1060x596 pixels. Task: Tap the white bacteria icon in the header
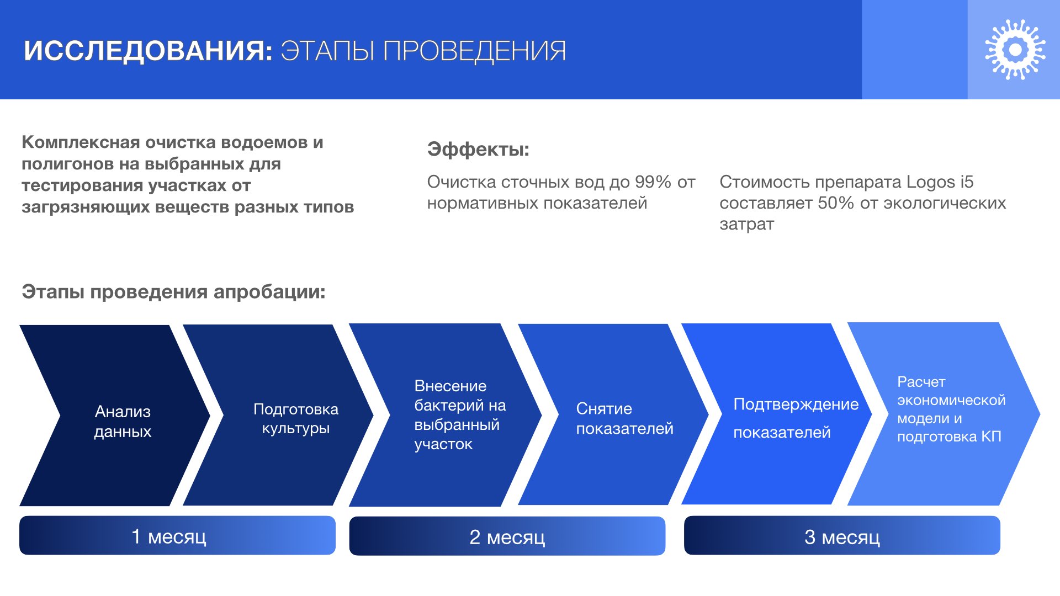pyautogui.click(x=1015, y=50)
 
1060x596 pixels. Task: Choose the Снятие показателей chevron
pyautogui.click(x=613, y=414)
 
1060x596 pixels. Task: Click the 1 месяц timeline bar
pyautogui.click(x=177, y=535)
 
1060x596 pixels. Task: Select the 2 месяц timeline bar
pyautogui.click(x=507, y=536)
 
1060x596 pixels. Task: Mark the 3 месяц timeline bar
pyautogui.click(x=842, y=535)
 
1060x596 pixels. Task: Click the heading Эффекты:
pyautogui.click(x=478, y=149)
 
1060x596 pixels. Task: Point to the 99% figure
pyautogui.click(x=653, y=182)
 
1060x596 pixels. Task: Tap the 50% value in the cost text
pyautogui.click(x=836, y=203)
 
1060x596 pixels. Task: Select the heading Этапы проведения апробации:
pyautogui.click(x=173, y=291)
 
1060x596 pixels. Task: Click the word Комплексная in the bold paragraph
pyautogui.click(x=81, y=142)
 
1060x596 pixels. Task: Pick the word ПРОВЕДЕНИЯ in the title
pyautogui.click(x=474, y=51)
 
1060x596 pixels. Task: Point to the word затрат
pyautogui.click(x=746, y=224)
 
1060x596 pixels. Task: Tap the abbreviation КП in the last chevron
pyautogui.click(x=991, y=437)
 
